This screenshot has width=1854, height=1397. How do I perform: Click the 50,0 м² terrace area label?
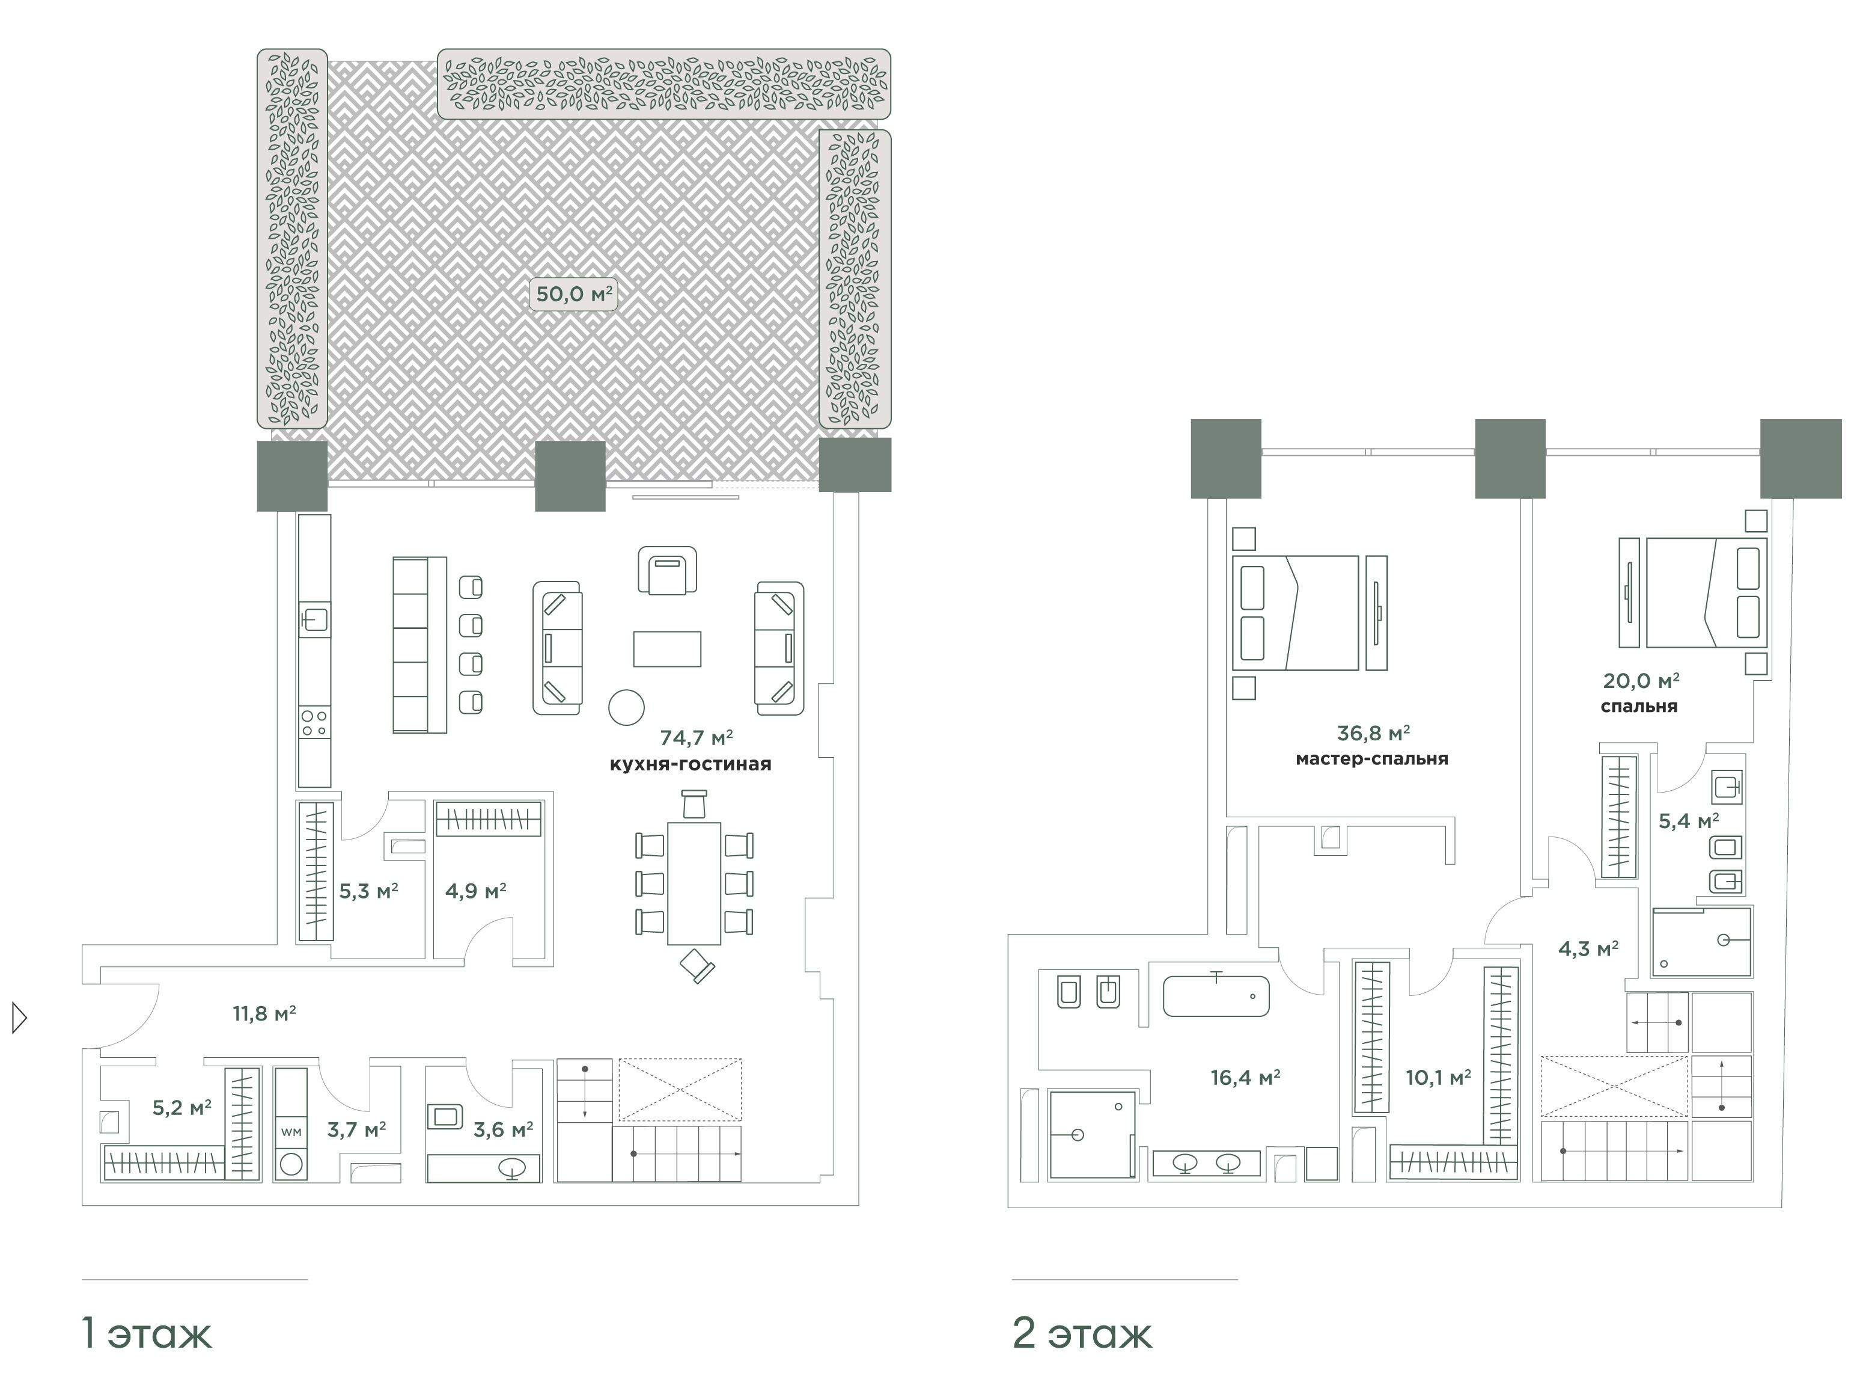[574, 294]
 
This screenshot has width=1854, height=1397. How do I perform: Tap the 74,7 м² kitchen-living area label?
[697, 738]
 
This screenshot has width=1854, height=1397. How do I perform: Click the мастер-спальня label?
[1372, 759]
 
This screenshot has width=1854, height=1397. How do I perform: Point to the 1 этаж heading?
[147, 1333]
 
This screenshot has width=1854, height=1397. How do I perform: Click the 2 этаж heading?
[1082, 1333]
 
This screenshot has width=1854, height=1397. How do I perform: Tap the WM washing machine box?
[291, 1132]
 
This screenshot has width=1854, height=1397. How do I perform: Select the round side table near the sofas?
[626, 707]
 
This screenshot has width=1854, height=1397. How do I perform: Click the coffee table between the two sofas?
[667, 649]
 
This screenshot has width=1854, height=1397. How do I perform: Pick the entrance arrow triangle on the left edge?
[19, 1018]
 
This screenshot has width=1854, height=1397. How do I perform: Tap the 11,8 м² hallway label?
[264, 1015]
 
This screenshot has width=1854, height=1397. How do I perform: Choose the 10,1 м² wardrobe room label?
[1438, 1078]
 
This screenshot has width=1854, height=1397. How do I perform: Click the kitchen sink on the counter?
[314, 619]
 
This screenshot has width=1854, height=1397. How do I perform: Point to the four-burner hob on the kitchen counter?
[314, 723]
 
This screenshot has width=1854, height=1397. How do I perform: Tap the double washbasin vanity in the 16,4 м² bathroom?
[1206, 1164]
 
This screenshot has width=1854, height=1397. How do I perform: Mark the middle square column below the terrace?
[570, 476]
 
